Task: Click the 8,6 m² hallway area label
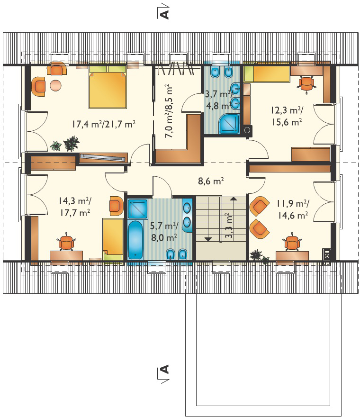[211, 181]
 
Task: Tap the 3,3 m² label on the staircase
[229, 226]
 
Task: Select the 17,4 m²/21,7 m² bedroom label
[104, 124]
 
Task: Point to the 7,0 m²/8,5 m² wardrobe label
[169, 111]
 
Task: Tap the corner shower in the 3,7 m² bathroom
[229, 124]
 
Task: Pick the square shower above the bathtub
[138, 209]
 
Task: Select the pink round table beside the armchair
[56, 85]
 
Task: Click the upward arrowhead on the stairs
[234, 199]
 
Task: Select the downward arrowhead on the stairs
[208, 239]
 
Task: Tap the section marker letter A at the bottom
[165, 370]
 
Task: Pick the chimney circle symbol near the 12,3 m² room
[247, 130]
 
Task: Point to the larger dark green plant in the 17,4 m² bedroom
[71, 144]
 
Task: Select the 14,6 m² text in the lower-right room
[293, 216]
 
